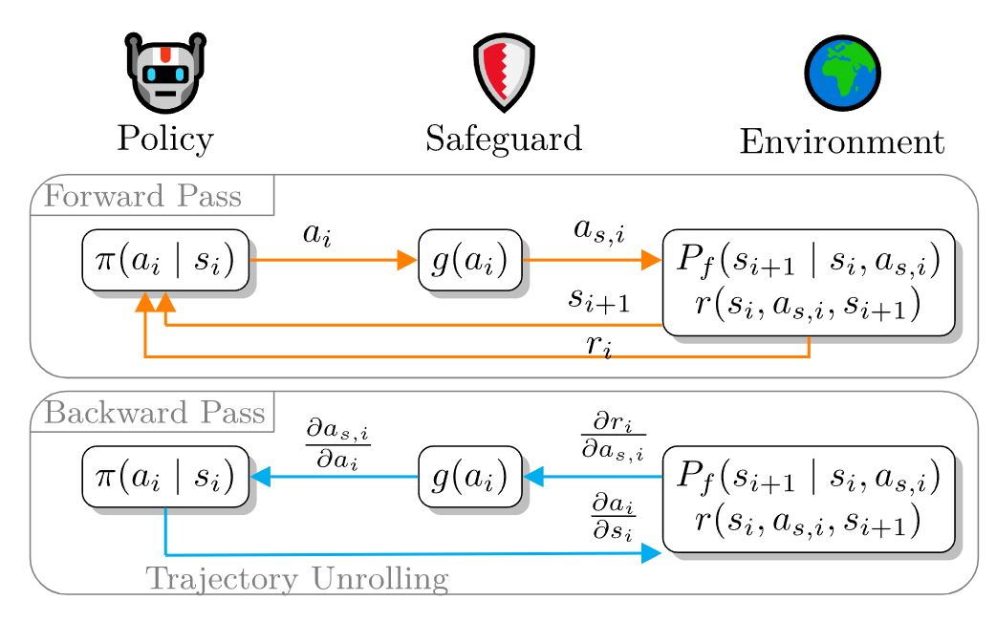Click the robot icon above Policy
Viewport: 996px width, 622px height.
[164, 74]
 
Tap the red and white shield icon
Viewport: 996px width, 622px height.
[504, 74]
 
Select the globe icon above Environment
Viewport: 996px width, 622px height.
[842, 74]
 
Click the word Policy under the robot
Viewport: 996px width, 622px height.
[165, 139]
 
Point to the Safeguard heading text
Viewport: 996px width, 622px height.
[504, 139]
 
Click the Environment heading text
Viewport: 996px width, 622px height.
[842, 142]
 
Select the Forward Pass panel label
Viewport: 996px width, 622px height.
[144, 198]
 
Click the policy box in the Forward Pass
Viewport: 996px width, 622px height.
[165, 260]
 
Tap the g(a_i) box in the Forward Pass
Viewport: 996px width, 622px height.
[470, 260]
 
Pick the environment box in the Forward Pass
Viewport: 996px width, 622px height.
[809, 282]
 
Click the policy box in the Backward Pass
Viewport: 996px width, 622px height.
[165, 476]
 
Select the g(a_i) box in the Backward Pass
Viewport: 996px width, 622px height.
[470, 476]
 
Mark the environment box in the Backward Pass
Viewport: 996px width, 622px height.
[809, 499]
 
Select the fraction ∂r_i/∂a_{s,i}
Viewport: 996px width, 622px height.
[613, 436]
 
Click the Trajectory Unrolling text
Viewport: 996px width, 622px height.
[296, 579]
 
